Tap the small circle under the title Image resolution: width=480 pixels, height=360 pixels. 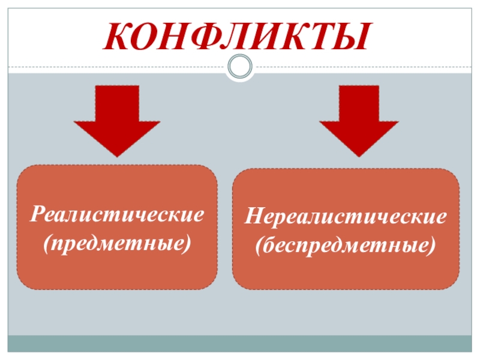pyautogui.click(x=239, y=66)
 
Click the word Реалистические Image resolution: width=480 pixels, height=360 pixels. pyautogui.click(x=118, y=215)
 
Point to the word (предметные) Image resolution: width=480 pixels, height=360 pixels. pyautogui.click(x=118, y=244)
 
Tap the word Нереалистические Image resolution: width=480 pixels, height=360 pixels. pyautogui.click(x=346, y=217)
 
